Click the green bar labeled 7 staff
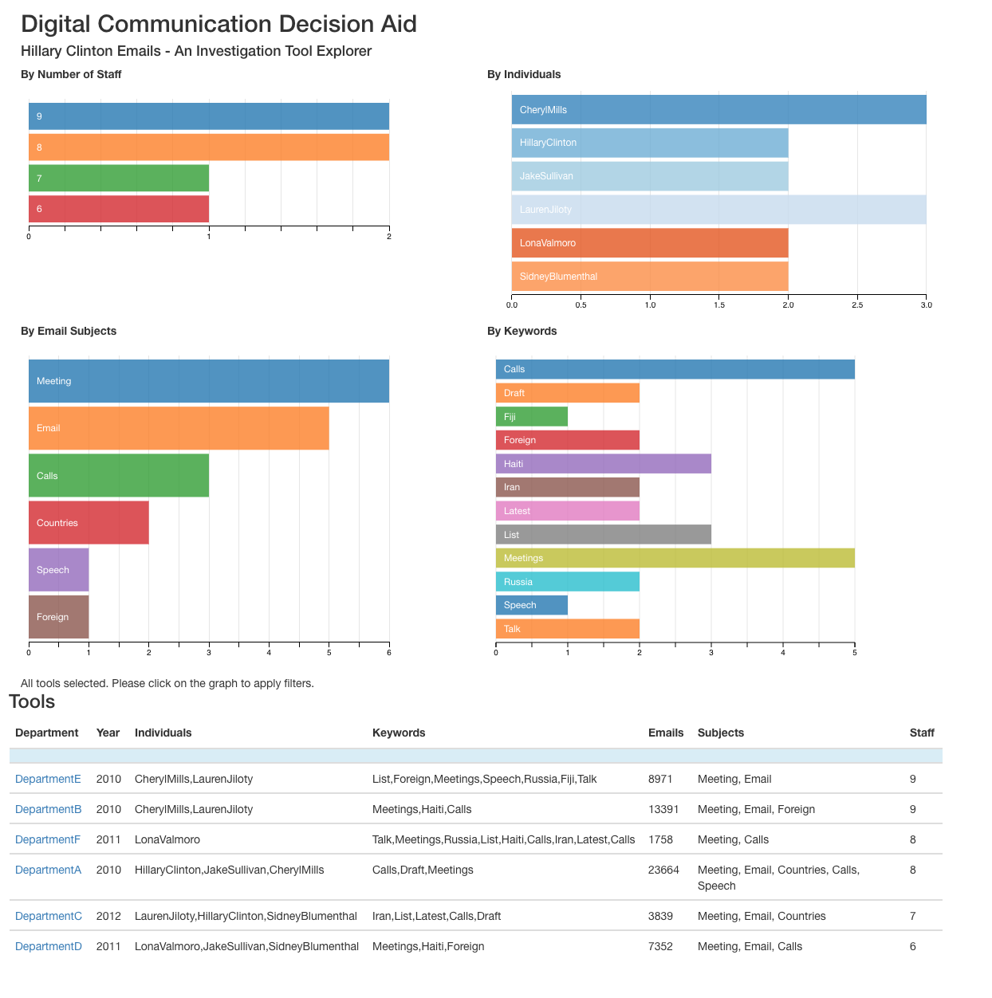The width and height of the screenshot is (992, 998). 119,178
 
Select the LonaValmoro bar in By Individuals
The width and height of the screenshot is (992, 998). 649,243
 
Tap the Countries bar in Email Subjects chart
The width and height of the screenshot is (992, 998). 89,523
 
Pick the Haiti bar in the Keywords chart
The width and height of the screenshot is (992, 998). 603,464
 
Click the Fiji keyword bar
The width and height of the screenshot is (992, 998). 531,416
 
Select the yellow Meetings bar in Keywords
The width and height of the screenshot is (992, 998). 675,558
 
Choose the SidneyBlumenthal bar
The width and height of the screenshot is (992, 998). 649,277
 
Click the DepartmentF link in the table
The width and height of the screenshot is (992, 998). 48,839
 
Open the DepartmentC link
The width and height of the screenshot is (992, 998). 49,916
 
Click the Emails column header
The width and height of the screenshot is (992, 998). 666,733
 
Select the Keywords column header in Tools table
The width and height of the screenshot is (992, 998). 399,733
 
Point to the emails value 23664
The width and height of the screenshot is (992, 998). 663,870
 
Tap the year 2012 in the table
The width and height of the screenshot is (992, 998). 108,916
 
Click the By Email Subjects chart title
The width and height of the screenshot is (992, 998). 69,331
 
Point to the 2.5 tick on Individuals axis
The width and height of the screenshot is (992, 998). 857,305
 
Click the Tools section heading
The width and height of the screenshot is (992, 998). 32,701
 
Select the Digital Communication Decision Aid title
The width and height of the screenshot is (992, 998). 218,24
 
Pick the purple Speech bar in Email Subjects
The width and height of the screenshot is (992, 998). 58,570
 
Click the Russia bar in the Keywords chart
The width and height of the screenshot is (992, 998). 567,582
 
